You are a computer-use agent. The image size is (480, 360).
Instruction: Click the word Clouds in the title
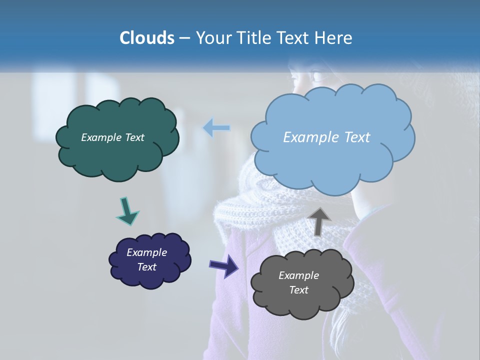(146, 38)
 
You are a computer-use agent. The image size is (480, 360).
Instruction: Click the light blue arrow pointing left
(216, 128)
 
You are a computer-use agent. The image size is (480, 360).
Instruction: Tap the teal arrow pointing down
(127, 211)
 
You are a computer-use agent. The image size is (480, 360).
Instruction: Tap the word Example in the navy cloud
(146, 252)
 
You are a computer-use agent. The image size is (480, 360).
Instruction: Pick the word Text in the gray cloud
(298, 290)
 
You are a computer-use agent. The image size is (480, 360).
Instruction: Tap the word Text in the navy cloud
(146, 267)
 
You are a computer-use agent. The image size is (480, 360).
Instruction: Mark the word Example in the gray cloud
(298, 275)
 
